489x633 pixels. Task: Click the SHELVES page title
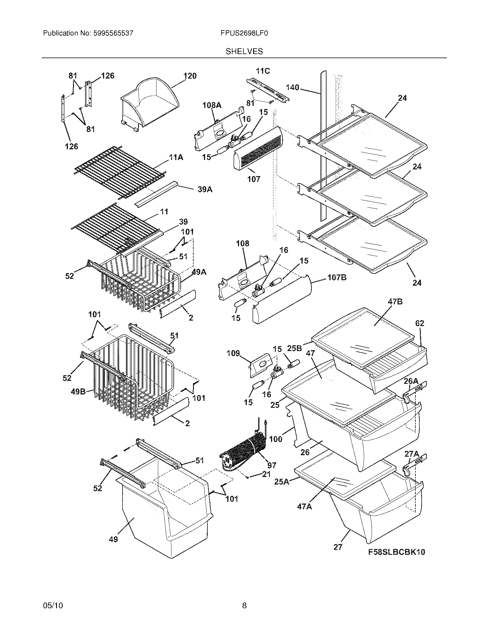pyautogui.click(x=244, y=51)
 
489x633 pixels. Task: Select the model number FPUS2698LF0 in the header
pyautogui.click(x=244, y=33)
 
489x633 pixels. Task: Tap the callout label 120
pyautogui.click(x=190, y=76)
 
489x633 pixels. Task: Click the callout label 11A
pyautogui.click(x=176, y=157)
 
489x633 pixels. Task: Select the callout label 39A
pyautogui.click(x=205, y=189)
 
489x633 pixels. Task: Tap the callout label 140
pyautogui.click(x=292, y=87)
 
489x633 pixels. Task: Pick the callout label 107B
pyautogui.click(x=337, y=277)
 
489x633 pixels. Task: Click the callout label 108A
pyautogui.click(x=212, y=105)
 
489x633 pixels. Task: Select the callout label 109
pyautogui.click(x=233, y=353)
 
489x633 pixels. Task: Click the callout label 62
pyautogui.click(x=419, y=323)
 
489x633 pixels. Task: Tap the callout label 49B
pyautogui.click(x=78, y=392)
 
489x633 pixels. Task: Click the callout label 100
pyautogui.click(x=276, y=439)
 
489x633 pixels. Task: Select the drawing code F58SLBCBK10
pyautogui.click(x=397, y=552)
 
